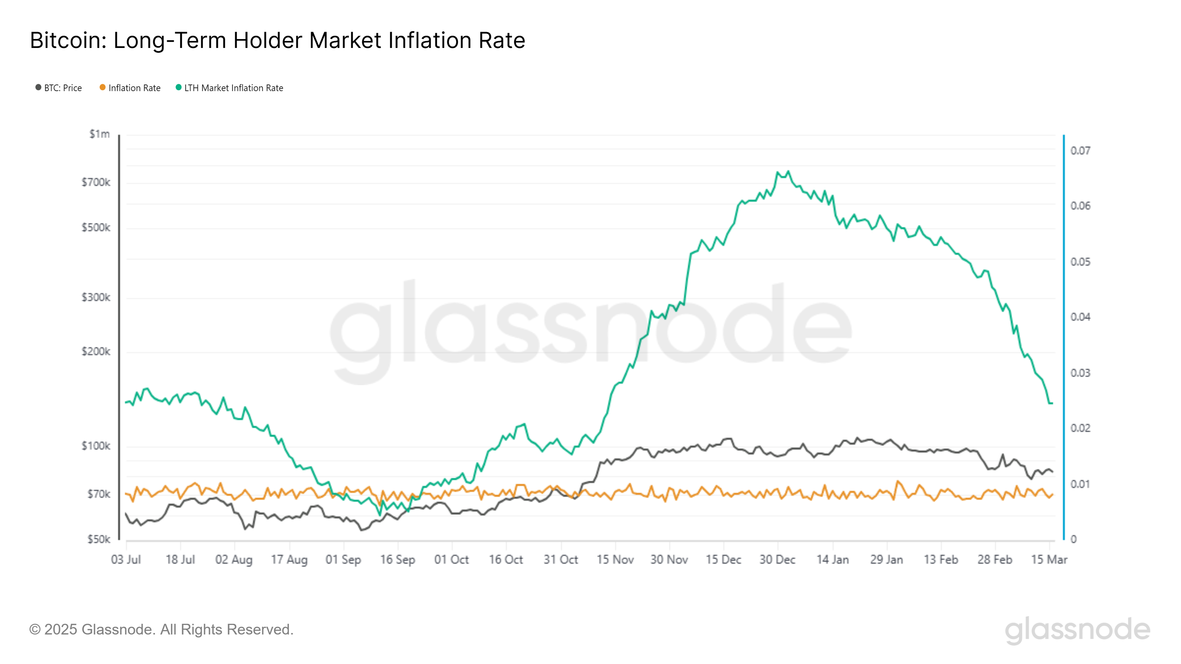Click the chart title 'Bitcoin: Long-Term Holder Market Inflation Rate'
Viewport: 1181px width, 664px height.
[x=278, y=40]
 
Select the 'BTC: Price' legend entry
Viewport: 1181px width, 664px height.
[x=59, y=88]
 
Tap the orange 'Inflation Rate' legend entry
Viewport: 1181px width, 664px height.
[x=130, y=88]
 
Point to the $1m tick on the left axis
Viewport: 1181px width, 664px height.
[x=100, y=134]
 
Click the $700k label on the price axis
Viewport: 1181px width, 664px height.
[x=96, y=182]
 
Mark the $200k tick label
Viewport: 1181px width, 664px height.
[x=96, y=352]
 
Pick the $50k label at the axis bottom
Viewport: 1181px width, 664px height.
[x=99, y=539]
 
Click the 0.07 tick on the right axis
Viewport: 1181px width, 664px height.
[x=1080, y=151]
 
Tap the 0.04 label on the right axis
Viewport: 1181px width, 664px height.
[x=1080, y=317]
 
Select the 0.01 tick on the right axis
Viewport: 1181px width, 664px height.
[x=1080, y=484]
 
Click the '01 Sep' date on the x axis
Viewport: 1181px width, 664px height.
[x=343, y=560]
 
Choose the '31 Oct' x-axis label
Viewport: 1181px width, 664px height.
[x=561, y=560]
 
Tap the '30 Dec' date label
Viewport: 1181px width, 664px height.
[x=778, y=560]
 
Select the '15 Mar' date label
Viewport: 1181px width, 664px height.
[x=1049, y=560]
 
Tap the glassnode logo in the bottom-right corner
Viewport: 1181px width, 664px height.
[x=1077, y=630]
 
